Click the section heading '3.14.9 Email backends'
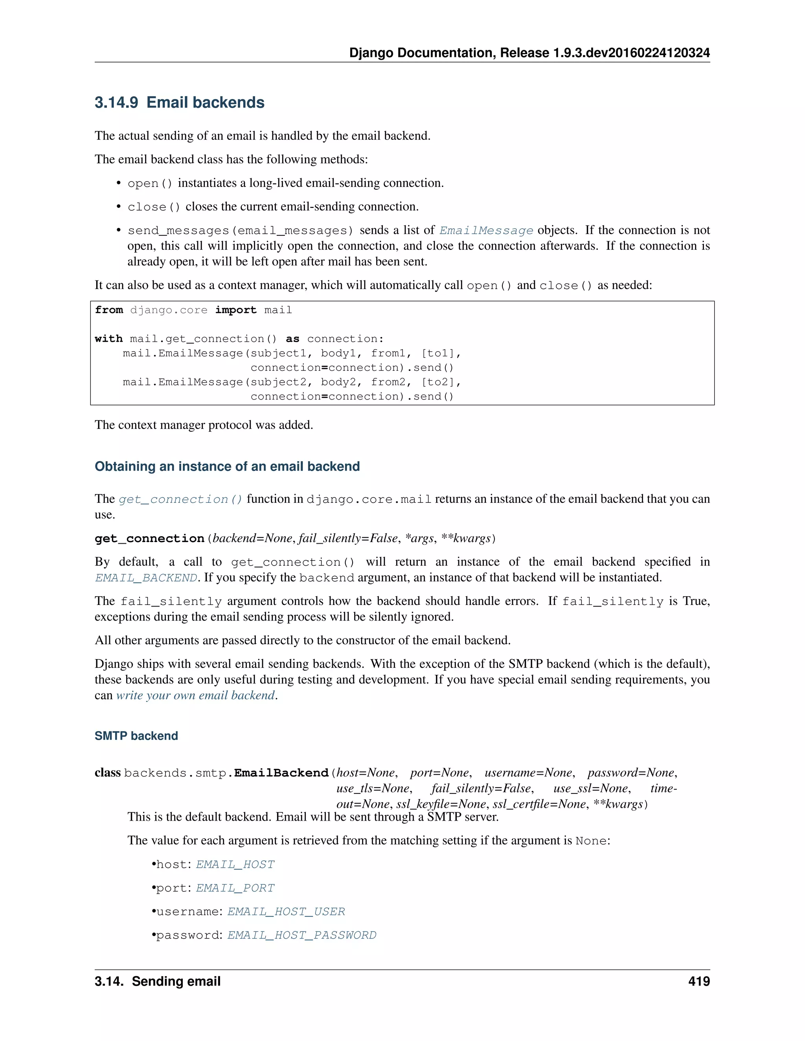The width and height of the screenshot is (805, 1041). click(x=179, y=103)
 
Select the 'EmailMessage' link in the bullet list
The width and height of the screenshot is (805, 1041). click(x=486, y=231)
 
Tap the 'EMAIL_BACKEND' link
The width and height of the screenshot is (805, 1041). click(x=146, y=578)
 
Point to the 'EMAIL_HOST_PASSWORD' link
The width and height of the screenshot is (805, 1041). click(x=302, y=935)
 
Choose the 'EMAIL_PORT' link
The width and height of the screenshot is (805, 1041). click(x=235, y=888)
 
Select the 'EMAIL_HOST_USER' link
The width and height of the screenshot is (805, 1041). click(x=286, y=912)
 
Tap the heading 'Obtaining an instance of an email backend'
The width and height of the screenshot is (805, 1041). click(x=227, y=466)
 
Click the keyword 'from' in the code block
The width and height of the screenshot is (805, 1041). click(x=109, y=310)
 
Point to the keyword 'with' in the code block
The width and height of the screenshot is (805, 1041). click(x=109, y=339)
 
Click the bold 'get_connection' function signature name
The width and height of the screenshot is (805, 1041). click(x=149, y=539)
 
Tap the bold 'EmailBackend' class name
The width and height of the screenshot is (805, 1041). click(x=281, y=773)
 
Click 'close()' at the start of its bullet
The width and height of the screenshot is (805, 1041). click(x=154, y=207)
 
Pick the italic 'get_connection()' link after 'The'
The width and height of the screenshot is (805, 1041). click(x=180, y=500)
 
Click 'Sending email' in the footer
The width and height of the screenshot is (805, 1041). click(x=176, y=981)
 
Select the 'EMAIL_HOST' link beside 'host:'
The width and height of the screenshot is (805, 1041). click(x=235, y=865)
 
